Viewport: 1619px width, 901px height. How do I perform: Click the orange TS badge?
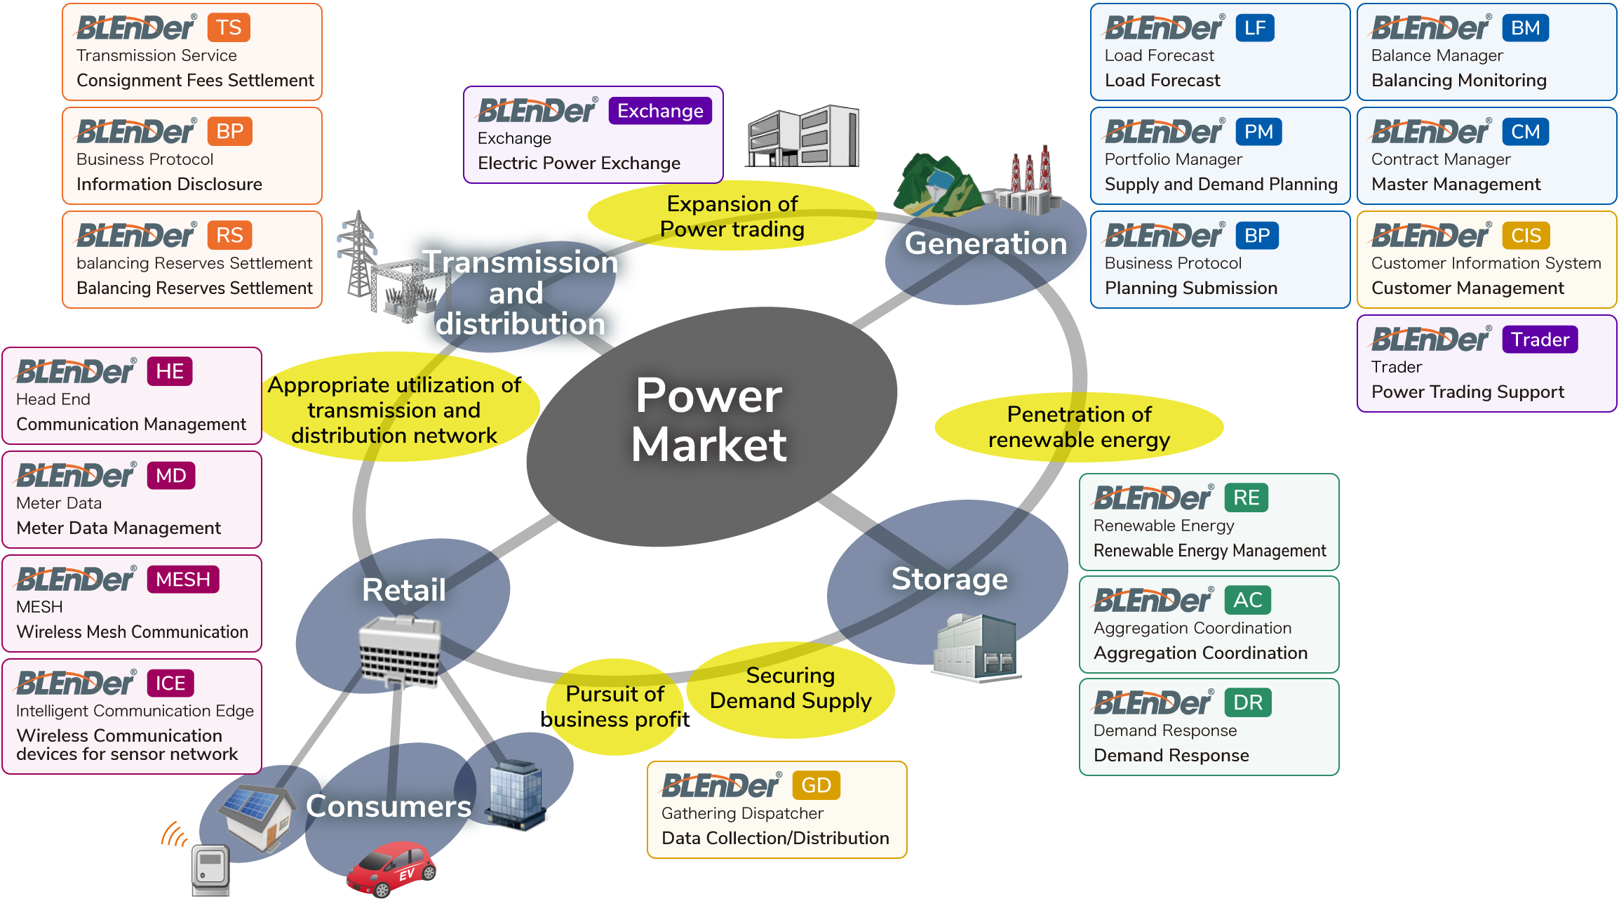point(229,28)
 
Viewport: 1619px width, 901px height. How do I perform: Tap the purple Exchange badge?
point(660,111)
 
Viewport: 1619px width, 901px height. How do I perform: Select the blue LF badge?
point(1255,28)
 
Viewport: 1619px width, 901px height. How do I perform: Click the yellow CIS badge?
point(1526,236)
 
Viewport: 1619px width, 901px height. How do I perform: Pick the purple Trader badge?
point(1540,340)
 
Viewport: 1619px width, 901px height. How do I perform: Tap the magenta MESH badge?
point(183,580)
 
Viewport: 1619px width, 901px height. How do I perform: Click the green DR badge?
point(1248,703)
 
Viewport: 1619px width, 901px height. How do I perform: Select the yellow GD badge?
point(816,786)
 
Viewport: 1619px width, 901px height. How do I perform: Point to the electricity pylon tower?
point(358,256)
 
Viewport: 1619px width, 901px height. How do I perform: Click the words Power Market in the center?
point(708,420)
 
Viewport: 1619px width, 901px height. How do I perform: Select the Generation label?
point(986,243)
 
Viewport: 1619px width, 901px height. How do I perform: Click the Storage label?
point(949,579)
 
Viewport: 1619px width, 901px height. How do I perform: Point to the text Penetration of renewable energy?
point(1079,427)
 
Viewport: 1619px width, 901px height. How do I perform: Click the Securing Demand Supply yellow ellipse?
point(791,688)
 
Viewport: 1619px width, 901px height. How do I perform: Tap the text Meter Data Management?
point(119,528)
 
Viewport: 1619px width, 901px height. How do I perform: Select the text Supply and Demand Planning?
point(1221,184)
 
